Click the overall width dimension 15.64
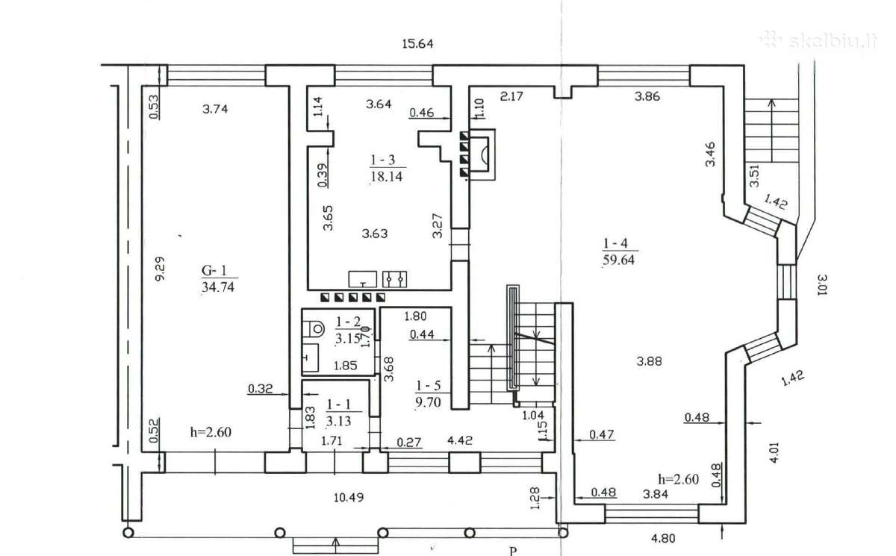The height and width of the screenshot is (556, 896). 417,43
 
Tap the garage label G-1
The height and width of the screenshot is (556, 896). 214,271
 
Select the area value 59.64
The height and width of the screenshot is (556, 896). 618,260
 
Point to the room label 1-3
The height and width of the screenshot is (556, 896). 383,160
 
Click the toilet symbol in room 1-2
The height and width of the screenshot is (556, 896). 314,329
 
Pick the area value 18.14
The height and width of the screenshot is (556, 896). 387,176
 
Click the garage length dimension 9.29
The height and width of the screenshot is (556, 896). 160,269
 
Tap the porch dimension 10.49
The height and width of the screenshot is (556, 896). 349,497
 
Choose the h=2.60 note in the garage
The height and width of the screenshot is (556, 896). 211,432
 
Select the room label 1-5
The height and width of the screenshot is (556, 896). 429,386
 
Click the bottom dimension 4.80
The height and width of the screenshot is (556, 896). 663,538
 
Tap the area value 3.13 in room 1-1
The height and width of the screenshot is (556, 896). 338,421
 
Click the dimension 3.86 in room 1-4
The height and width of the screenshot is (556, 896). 647,96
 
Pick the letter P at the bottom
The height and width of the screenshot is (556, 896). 513,551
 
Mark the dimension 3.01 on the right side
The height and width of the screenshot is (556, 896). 821,284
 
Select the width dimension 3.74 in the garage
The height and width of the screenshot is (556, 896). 215,109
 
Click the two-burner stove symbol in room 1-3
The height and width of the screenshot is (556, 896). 395,279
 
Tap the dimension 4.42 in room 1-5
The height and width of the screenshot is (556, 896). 460,440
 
